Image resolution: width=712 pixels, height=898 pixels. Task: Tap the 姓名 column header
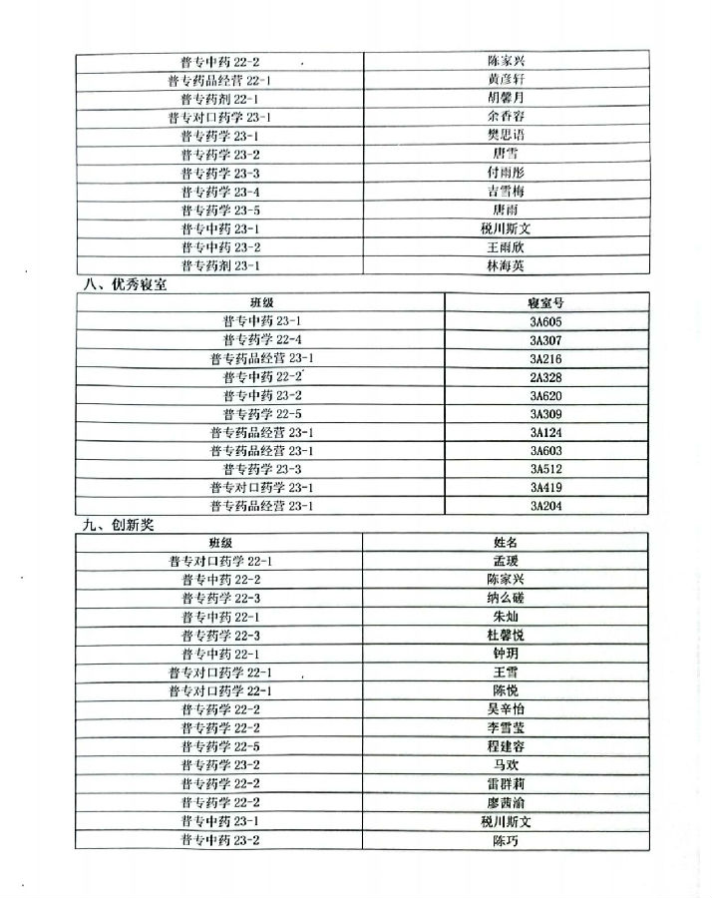pyautogui.click(x=506, y=542)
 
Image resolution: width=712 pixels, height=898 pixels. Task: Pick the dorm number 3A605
pyautogui.click(x=545, y=321)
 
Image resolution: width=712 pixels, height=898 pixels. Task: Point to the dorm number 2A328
pyautogui.click(x=545, y=377)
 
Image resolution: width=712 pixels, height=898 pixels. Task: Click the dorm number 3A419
pyautogui.click(x=545, y=488)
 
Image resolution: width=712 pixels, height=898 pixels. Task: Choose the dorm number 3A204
pyautogui.click(x=545, y=507)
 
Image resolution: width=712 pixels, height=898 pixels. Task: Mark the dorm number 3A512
pyautogui.click(x=545, y=470)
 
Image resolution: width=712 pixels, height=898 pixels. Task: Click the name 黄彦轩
pyautogui.click(x=506, y=80)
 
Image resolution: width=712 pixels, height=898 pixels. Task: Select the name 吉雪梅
pyautogui.click(x=506, y=191)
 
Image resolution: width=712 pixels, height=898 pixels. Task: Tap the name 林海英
pyautogui.click(x=506, y=265)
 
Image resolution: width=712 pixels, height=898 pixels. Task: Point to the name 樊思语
pyautogui.click(x=506, y=136)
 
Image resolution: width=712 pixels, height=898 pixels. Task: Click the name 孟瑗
pyautogui.click(x=506, y=561)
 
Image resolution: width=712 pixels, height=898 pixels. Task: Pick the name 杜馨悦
pyautogui.click(x=506, y=636)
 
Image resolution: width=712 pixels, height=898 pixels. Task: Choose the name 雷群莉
pyautogui.click(x=506, y=784)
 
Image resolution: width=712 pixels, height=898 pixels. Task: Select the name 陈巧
pyautogui.click(x=506, y=841)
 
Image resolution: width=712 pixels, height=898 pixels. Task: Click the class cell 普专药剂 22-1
pyautogui.click(x=220, y=99)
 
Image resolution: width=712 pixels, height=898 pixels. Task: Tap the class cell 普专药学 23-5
pyautogui.click(x=220, y=210)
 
